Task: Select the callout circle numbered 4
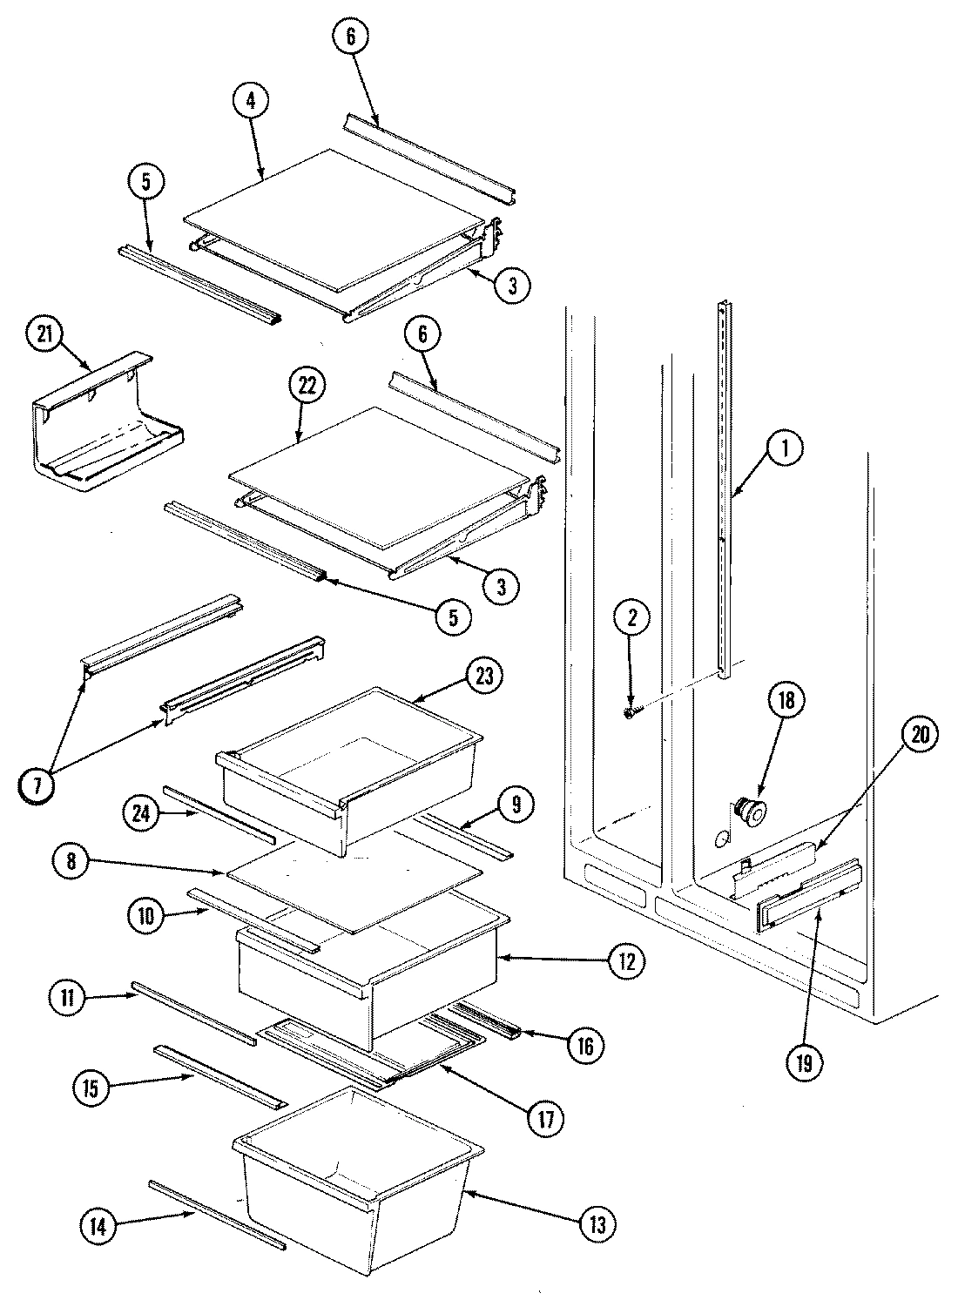tap(251, 100)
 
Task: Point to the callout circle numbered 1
tap(785, 448)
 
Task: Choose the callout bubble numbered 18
tap(786, 701)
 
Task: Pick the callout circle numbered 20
tap(921, 736)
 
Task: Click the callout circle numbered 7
tap(37, 784)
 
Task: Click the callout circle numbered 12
tap(626, 961)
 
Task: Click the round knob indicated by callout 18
tap(747, 812)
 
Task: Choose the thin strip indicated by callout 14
tap(216, 1213)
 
